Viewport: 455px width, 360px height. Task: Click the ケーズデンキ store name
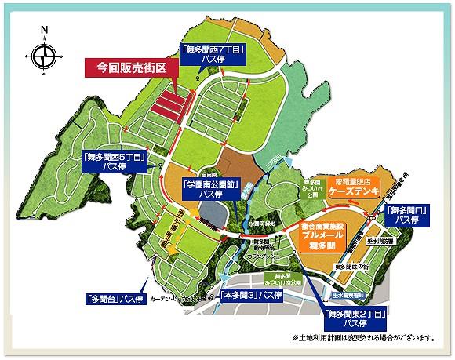point(355,191)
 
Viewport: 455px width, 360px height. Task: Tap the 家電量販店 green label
point(355,180)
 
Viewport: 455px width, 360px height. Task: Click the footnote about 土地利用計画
point(362,338)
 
